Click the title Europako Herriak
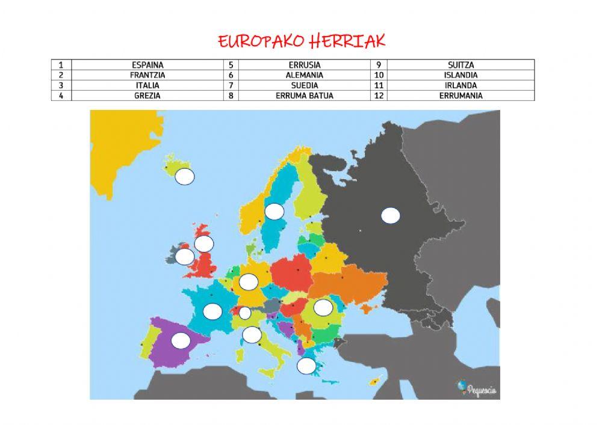click(301, 41)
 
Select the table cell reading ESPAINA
click(147, 65)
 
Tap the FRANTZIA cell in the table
click(147, 75)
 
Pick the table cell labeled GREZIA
click(147, 95)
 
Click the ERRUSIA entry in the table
click(304, 65)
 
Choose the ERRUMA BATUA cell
click(304, 95)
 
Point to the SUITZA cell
click(461, 65)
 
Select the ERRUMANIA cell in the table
click(461, 95)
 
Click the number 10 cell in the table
click(379, 75)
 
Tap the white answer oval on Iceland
click(185, 177)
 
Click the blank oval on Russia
click(391, 215)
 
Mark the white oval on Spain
click(181, 340)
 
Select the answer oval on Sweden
click(275, 212)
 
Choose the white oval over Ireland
click(185, 257)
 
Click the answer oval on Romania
click(323, 307)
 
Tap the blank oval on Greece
click(306, 365)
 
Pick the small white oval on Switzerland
click(245, 313)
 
